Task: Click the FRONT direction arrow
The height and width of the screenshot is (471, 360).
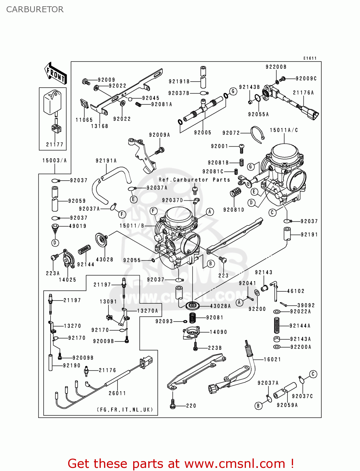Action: [56, 73]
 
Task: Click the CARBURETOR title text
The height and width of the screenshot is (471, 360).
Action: [35, 9]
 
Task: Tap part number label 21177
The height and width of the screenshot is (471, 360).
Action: [55, 144]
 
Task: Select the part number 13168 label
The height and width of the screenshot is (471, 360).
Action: [100, 126]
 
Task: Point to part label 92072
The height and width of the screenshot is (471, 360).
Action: [231, 133]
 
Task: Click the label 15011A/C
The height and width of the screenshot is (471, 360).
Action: [284, 130]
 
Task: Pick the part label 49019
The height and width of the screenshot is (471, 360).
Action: [78, 226]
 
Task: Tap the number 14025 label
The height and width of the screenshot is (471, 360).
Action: [68, 280]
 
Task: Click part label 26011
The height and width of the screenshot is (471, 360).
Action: [117, 393]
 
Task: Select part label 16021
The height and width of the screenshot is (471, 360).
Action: [272, 360]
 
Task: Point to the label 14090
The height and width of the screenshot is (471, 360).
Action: [218, 332]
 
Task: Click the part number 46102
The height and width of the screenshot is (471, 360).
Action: [296, 291]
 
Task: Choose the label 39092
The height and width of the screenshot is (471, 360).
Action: [306, 305]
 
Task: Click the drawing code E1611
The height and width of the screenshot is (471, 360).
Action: [310, 58]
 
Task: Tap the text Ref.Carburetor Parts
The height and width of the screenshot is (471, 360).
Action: [194, 180]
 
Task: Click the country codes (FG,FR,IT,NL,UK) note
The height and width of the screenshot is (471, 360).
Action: [125, 409]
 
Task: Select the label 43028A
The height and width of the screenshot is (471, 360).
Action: [220, 306]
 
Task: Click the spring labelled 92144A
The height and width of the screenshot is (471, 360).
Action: [277, 325]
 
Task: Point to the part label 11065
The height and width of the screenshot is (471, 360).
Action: [84, 120]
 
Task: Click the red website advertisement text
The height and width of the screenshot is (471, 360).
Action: [181, 463]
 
